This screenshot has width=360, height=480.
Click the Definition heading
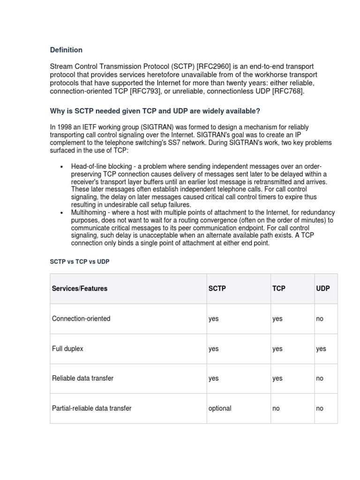tap(66, 50)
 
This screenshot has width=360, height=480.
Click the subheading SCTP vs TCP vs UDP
tap(80, 262)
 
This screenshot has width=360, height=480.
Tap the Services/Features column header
tap(80, 289)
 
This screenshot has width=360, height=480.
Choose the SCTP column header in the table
tap(217, 289)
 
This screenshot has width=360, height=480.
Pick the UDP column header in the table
tap(323, 289)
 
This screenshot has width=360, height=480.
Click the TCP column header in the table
tap(279, 289)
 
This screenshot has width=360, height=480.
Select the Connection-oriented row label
tap(81, 319)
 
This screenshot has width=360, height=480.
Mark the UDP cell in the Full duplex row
tap(321, 349)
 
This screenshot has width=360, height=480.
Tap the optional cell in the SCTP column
tap(220, 408)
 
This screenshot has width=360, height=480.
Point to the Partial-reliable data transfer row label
tap(91, 408)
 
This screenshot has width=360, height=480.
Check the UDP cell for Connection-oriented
tap(320, 319)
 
